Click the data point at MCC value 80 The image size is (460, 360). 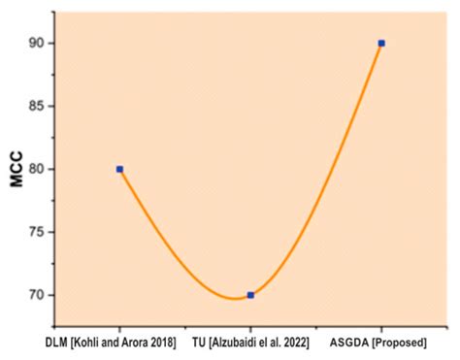point(119,169)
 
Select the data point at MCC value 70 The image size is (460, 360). point(250,294)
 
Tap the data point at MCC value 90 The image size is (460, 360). point(381,43)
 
